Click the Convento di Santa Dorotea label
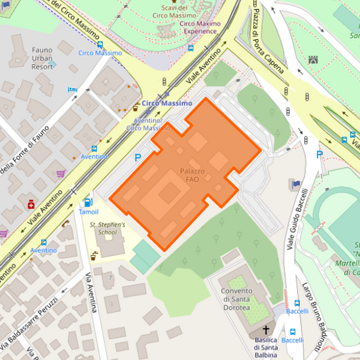[x=235, y=299]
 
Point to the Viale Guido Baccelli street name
[x=294, y=220]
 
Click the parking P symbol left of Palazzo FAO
[x=138, y=157]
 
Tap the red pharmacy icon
[x=30, y=204]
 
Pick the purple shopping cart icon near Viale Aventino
[x=60, y=173]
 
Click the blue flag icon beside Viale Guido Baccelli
[x=295, y=183]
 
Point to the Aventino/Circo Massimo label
[x=148, y=124]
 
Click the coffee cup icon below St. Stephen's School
[x=95, y=255]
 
